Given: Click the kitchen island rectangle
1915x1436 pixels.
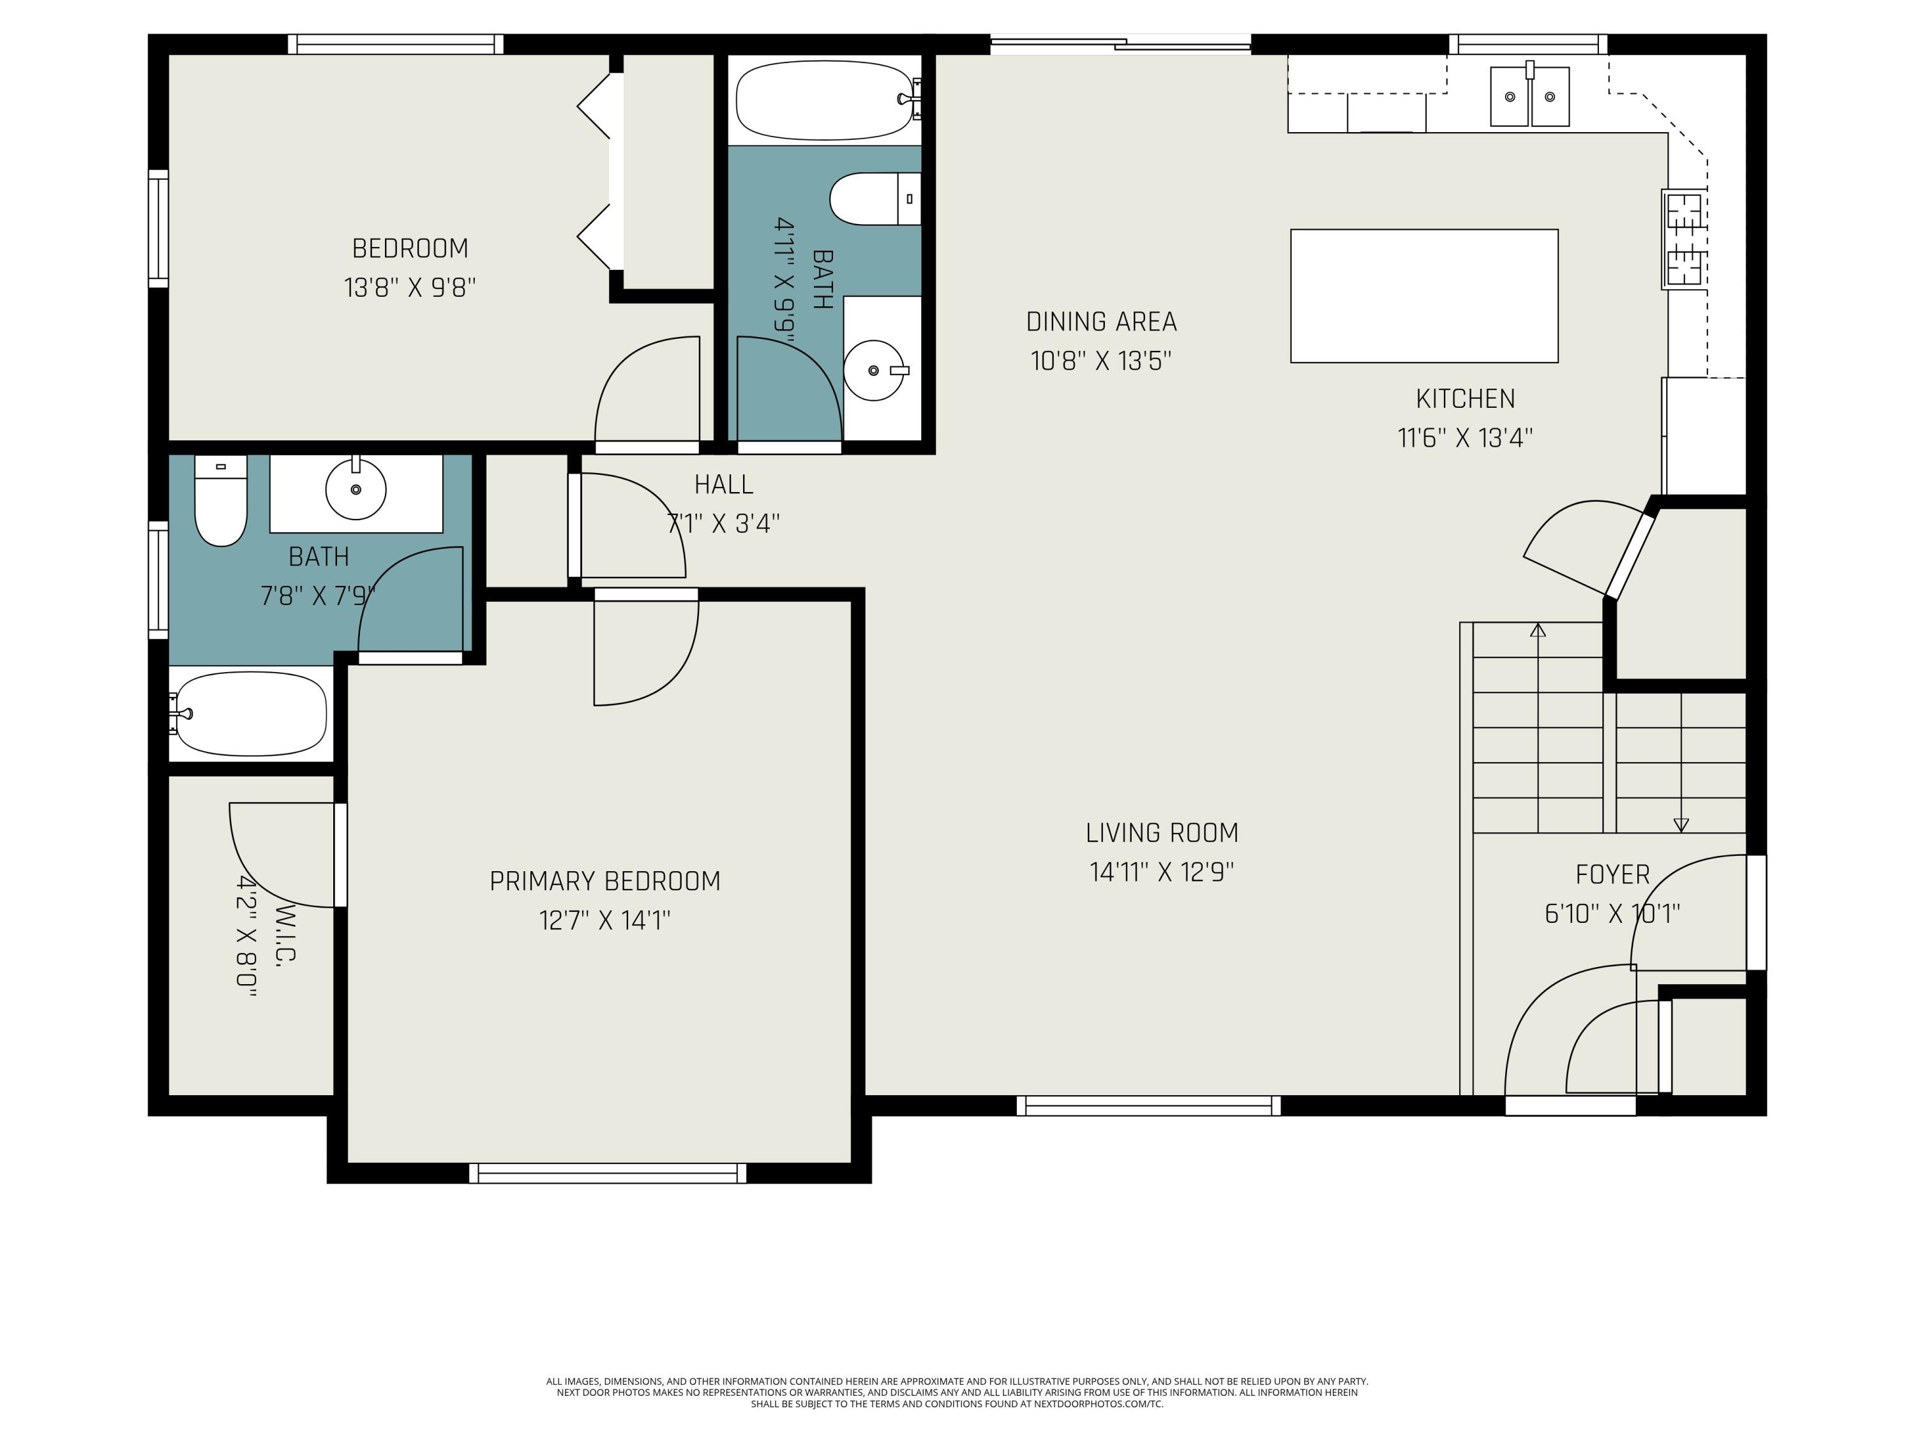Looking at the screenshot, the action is (x=1424, y=296).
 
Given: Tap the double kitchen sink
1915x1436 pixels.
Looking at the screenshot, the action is (x=1529, y=95).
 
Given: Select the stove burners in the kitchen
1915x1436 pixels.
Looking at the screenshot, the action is (x=1684, y=239).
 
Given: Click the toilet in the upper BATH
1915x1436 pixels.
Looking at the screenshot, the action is (x=875, y=199).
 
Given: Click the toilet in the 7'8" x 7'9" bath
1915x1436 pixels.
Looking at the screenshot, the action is (x=221, y=501).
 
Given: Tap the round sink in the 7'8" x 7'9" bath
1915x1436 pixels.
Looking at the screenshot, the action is (x=356, y=488).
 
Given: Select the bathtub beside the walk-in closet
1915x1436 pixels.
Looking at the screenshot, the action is (x=250, y=714).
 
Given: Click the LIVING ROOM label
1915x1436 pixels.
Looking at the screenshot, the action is (x=1162, y=833).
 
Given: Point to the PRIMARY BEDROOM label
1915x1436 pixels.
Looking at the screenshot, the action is (x=605, y=881).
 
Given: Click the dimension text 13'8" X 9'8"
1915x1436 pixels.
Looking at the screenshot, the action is (x=410, y=287).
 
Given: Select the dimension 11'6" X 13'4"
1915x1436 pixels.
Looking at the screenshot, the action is (x=1465, y=438).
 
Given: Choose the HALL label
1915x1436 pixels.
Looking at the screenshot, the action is (x=724, y=484).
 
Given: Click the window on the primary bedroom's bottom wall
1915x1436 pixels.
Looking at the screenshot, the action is (x=608, y=1173).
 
